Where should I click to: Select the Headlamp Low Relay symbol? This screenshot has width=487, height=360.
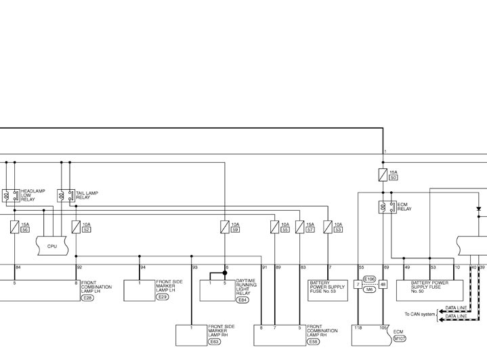click(x=11, y=196)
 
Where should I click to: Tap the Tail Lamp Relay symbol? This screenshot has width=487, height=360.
click(x=66, y=196)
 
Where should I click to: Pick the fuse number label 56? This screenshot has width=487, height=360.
click(x=25, y=230)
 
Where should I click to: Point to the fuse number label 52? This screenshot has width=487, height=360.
click(x=86, y=230)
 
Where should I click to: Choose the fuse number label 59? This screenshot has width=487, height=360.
click(x=235, y=230)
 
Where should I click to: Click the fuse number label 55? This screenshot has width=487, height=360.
click(x=285, y=230)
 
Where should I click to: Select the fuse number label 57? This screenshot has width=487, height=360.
click(x=310, y=230)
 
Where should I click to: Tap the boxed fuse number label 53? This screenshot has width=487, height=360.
click(x=338, y=230)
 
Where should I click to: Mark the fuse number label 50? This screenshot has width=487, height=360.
click(x=394, y=178)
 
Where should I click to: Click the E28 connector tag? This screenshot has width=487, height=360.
click(x=87, y=297)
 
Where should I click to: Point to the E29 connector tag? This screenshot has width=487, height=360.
click(x=163, y=297)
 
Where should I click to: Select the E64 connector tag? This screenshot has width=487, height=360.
click(x=242, y=299)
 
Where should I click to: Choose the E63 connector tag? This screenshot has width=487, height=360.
click(x=215, y=342)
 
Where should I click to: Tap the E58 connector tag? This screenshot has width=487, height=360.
click(x=314, y=342)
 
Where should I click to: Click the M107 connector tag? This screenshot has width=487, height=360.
click(x=400, y=338)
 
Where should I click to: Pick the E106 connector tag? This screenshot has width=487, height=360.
click(x=369, y=279)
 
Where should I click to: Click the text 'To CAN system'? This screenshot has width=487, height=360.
click(x=420, y=314)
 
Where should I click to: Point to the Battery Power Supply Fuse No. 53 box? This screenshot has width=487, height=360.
click(x=328, y=289)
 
